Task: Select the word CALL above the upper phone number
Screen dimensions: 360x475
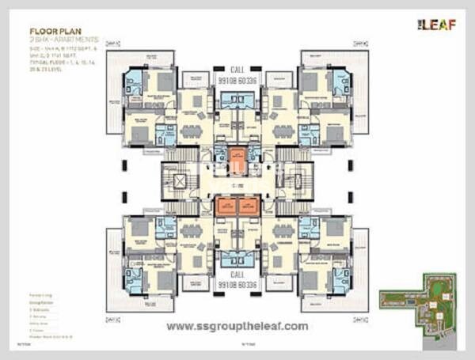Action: tap(237, 70)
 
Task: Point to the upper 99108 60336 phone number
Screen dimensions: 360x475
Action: tap(237, 80)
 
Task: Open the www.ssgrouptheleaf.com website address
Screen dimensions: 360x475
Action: tap(237, 325)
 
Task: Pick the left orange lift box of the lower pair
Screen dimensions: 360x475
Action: tap(226, 206)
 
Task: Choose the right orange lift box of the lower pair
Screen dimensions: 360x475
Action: tap(249, 206)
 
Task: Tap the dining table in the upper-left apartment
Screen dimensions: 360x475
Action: tap(191, 131)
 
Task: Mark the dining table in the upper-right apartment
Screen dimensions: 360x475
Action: tap(283, 131)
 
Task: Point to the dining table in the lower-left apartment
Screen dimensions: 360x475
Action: tap(191, 231)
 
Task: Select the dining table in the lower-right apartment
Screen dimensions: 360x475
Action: tap(283, 231)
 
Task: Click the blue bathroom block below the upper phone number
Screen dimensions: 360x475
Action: tap(237, 99)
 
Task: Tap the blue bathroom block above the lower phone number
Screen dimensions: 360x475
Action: tap(237, 259)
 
